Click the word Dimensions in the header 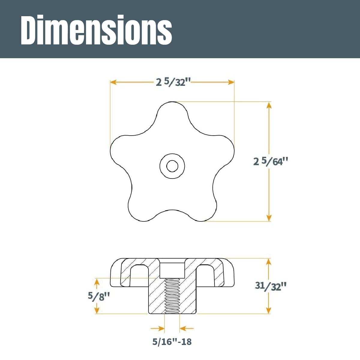[x=96, y=29]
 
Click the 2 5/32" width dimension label [x=173, y=82]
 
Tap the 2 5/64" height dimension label [x=271, y=161]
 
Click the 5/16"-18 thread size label [x=172, y=342]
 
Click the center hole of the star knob [x=172, y=166]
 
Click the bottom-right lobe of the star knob [x=204, y=210]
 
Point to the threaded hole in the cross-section [x=172, y=295]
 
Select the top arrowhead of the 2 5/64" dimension [x=269, y=105]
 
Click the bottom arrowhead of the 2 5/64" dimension [x=269, y=218]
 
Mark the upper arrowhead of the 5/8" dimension [x=97, y=281]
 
